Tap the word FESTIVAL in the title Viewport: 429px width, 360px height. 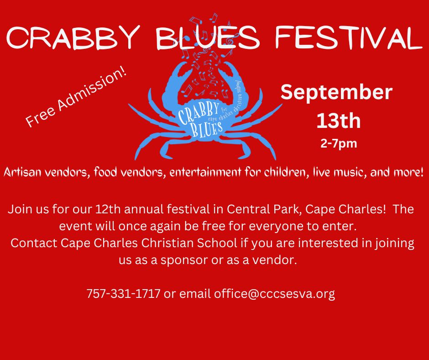[349, 37]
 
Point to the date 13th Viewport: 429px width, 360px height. [339, 121]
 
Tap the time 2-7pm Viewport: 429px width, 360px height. [339, 143]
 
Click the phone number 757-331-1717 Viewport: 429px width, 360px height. [123, 293]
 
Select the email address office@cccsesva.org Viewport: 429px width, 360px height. [274, 294]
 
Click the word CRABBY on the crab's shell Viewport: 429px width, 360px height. [199, 112]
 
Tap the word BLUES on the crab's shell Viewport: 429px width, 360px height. [207, 129]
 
